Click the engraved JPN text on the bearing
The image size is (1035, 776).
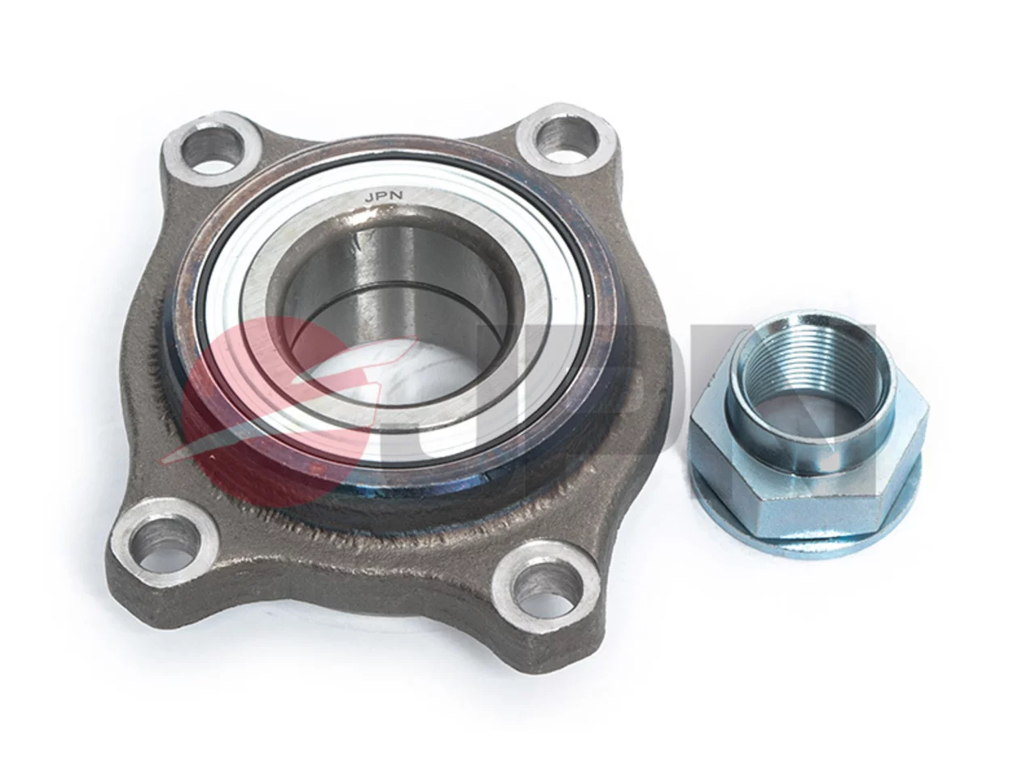click(x=383, y=196)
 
